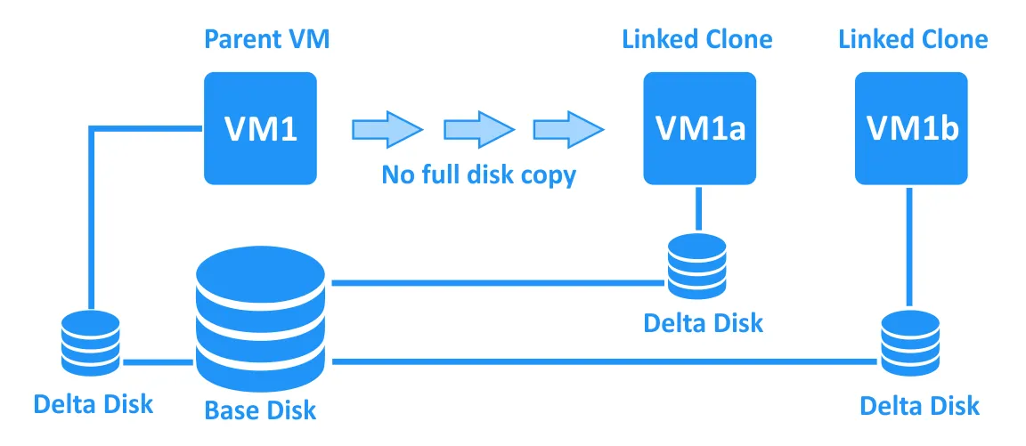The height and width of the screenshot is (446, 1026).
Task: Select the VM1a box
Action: coord(699,128)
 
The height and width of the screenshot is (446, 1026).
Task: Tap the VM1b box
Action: coord(911,128)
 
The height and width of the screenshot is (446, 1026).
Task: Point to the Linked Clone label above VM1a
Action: coord(697,40)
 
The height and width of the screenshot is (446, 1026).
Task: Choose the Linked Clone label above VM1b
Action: coord(913,40)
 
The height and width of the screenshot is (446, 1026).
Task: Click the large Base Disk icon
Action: coord(261,316)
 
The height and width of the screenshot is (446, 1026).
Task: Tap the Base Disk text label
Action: coord(260,410)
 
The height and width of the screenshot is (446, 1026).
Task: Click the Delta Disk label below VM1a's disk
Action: coord(704,321)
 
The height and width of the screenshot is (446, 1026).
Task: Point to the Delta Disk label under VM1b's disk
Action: coord(919,406)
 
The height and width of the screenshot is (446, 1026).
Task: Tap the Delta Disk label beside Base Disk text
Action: coord(94,403)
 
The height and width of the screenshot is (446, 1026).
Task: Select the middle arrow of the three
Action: coord(477,129)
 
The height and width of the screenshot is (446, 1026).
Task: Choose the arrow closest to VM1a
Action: coord(567,129)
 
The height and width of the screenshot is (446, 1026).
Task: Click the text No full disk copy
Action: coord(479,174)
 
